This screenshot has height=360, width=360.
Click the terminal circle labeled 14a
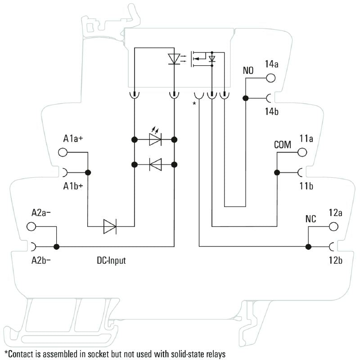[270, 78]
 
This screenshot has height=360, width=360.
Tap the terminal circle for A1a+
[63, 153]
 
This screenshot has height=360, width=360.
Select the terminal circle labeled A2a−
[31, 227]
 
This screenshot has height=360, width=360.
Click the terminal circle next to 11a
[302, 153]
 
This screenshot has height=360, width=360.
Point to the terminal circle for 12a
[333, 227]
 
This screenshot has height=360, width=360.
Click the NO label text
[248, 71]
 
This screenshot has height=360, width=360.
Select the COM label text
[283, 145]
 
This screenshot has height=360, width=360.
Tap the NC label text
[310, 220]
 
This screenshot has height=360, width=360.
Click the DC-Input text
[111, 261]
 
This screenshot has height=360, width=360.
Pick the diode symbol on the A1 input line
[110, 226]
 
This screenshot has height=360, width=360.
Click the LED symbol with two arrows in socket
[155, 139]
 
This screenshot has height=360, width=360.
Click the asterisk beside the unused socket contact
[194, 104]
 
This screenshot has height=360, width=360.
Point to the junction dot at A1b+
[88, 172]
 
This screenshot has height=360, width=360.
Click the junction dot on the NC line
[308, 247]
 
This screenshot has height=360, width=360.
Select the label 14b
[271, 112]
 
